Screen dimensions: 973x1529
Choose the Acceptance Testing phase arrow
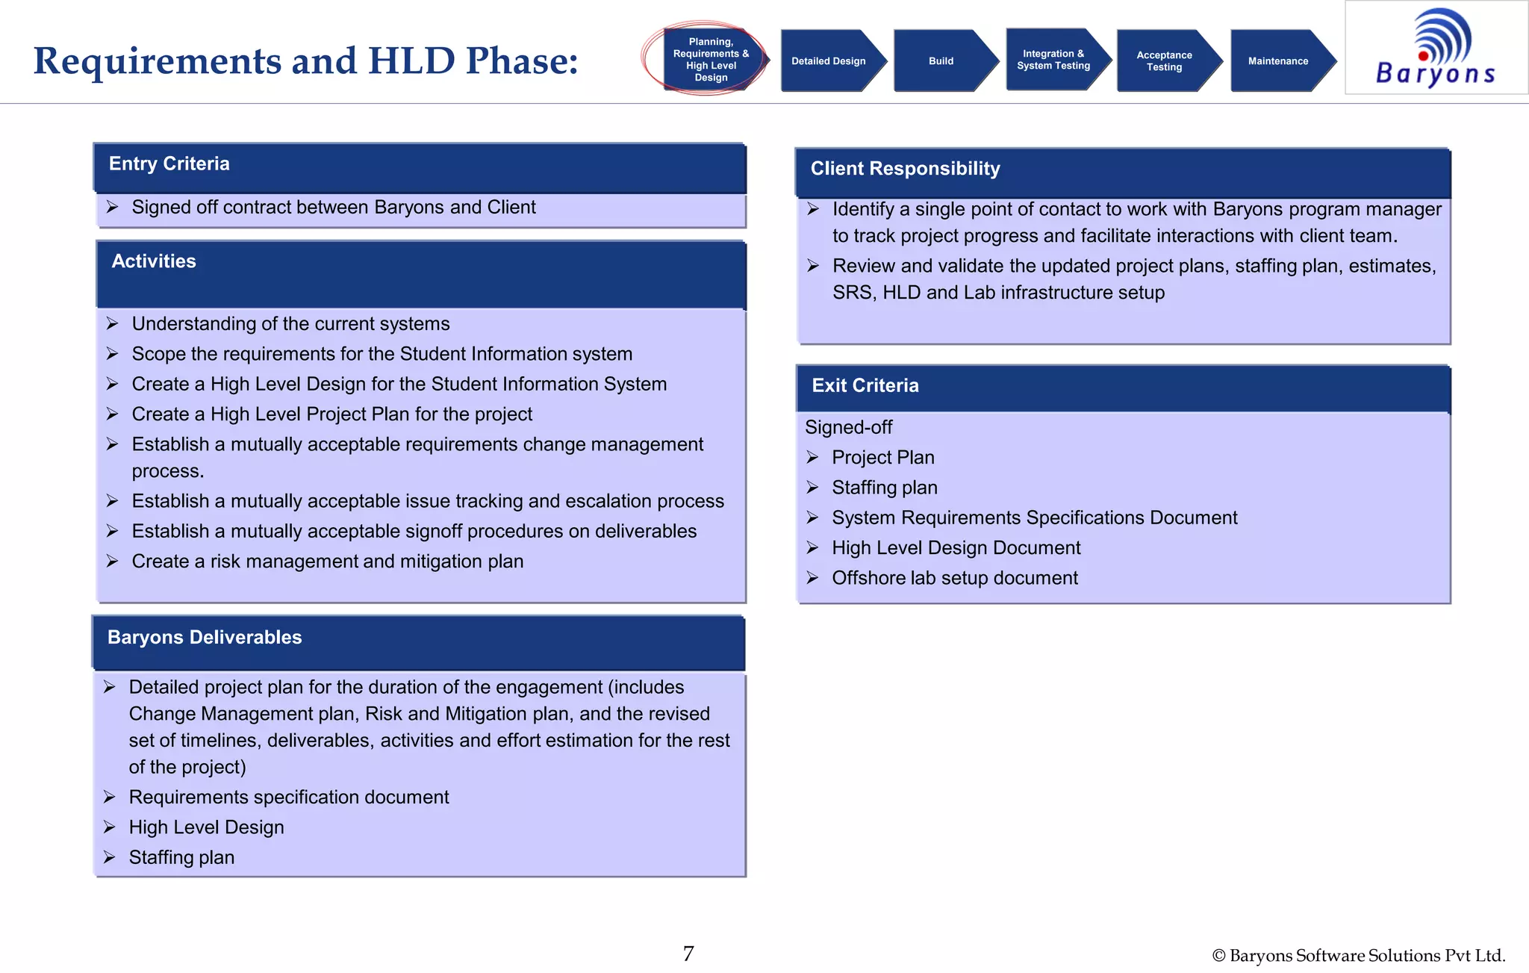pos(1165,61)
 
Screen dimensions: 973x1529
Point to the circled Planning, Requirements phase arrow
pos(710,60)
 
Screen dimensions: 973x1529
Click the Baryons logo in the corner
pos(1435,48)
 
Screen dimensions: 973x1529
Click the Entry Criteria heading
pos(169,164)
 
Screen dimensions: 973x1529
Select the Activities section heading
pos(154,261)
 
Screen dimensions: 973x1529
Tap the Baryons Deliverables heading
pos(205,637)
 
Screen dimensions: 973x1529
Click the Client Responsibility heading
pos(905,169)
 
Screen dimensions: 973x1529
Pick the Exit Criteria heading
pos(865,385)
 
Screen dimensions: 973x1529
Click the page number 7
pos(688,954)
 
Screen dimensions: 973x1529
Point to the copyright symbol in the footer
pos(1218,956)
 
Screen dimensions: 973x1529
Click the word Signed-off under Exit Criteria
pos(848,427)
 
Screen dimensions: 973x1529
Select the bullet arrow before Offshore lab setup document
pos(813,578)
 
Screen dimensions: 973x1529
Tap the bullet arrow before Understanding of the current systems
pos(113,323)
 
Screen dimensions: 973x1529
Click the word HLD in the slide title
pos(411,60)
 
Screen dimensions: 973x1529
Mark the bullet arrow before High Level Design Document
pos(813,548)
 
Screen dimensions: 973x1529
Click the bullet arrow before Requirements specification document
pos(110,798)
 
